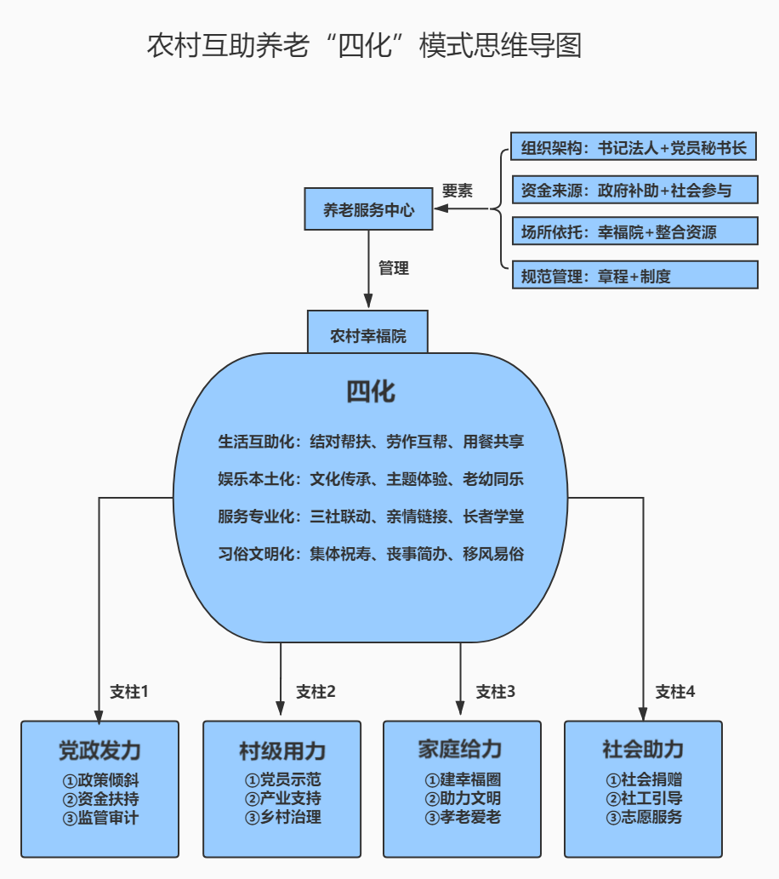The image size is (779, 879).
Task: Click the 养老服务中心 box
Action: (x=368, y=209)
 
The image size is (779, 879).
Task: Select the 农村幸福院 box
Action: (x=367, y=333)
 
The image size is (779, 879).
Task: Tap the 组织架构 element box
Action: (x=634, y=146)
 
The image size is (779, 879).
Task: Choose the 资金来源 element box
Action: (x=635, y=190)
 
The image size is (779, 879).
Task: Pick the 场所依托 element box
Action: (x=635, y=231)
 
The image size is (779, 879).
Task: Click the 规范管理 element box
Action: (x=635, y=275)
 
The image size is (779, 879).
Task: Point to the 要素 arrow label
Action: (x=458, y=191)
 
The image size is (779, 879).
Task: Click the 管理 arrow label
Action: (x=394, y=268)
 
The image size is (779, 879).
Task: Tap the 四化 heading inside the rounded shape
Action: (x=371, y=391)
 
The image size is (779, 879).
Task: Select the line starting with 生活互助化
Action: (x=371, y=442)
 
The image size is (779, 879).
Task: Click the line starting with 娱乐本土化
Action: (x=371, y=479)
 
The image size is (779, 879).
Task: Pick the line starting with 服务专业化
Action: (x=371, y=517)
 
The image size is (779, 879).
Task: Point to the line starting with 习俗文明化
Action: (x=371, y=554)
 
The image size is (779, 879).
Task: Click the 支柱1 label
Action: (x=129, y=692)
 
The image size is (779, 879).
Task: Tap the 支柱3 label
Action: (x=496, y=692)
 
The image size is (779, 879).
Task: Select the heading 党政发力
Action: (x=100, y=751)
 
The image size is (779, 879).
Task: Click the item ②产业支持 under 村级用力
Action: (x=283, y=798)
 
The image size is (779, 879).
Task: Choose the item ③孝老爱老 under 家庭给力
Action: (x=463, y=818)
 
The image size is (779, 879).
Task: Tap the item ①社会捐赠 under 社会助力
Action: (x=644, y=779)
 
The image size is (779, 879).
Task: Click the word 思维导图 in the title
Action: (x=528, y=45)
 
